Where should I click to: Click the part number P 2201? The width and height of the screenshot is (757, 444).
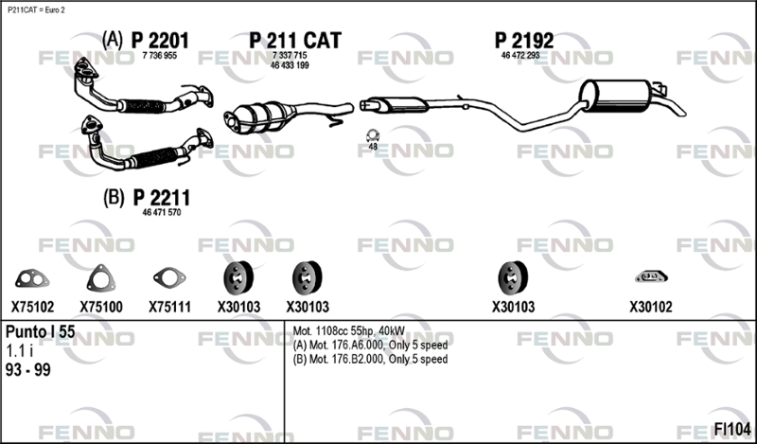pyautogui.click(x=160, y=41)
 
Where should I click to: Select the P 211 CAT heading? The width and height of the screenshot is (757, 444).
pyautogui.click(x=295, y=40)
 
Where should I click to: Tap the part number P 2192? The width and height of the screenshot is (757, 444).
pyautogui.click(x=524, y=41)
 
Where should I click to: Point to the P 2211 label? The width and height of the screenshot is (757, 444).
pyautogui.click(x=161, y=198)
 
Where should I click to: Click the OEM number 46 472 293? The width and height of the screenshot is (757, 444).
pyautogui.click(x=520, y=56)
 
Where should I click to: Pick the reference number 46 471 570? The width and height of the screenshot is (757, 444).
pyautogui.click(x=162, y=213)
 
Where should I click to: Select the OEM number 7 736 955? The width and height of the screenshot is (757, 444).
pyautogui.click(x=160, y=56)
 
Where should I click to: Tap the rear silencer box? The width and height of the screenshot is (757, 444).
pyautogui.click(x=617, y=97)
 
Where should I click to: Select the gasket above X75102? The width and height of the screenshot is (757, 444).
pyautogui.click(x=32, y=278)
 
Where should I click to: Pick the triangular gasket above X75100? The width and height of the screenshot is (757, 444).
pyautogui.click(x=101, y=277)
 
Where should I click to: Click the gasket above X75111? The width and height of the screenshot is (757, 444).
pyautogui.click(x=169, y=277)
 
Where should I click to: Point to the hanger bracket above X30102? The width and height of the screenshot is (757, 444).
pyautogui.click(x=651, y=276)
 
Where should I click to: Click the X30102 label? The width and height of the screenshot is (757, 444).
pyautogui.click(x=650, y=307)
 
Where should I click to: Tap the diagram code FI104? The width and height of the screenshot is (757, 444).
pyautogui.click(x=732, y=429)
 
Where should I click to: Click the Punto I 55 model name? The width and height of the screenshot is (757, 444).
pyautogui.click(x=40, y=332)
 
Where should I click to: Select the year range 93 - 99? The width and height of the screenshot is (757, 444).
pyautogui.click(x=28, y=370)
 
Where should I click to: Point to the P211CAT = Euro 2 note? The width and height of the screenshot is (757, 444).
pyautogui.click(x=36, y=10)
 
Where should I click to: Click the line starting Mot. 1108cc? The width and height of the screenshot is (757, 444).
pyautogui.click(x=349, y=331)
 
